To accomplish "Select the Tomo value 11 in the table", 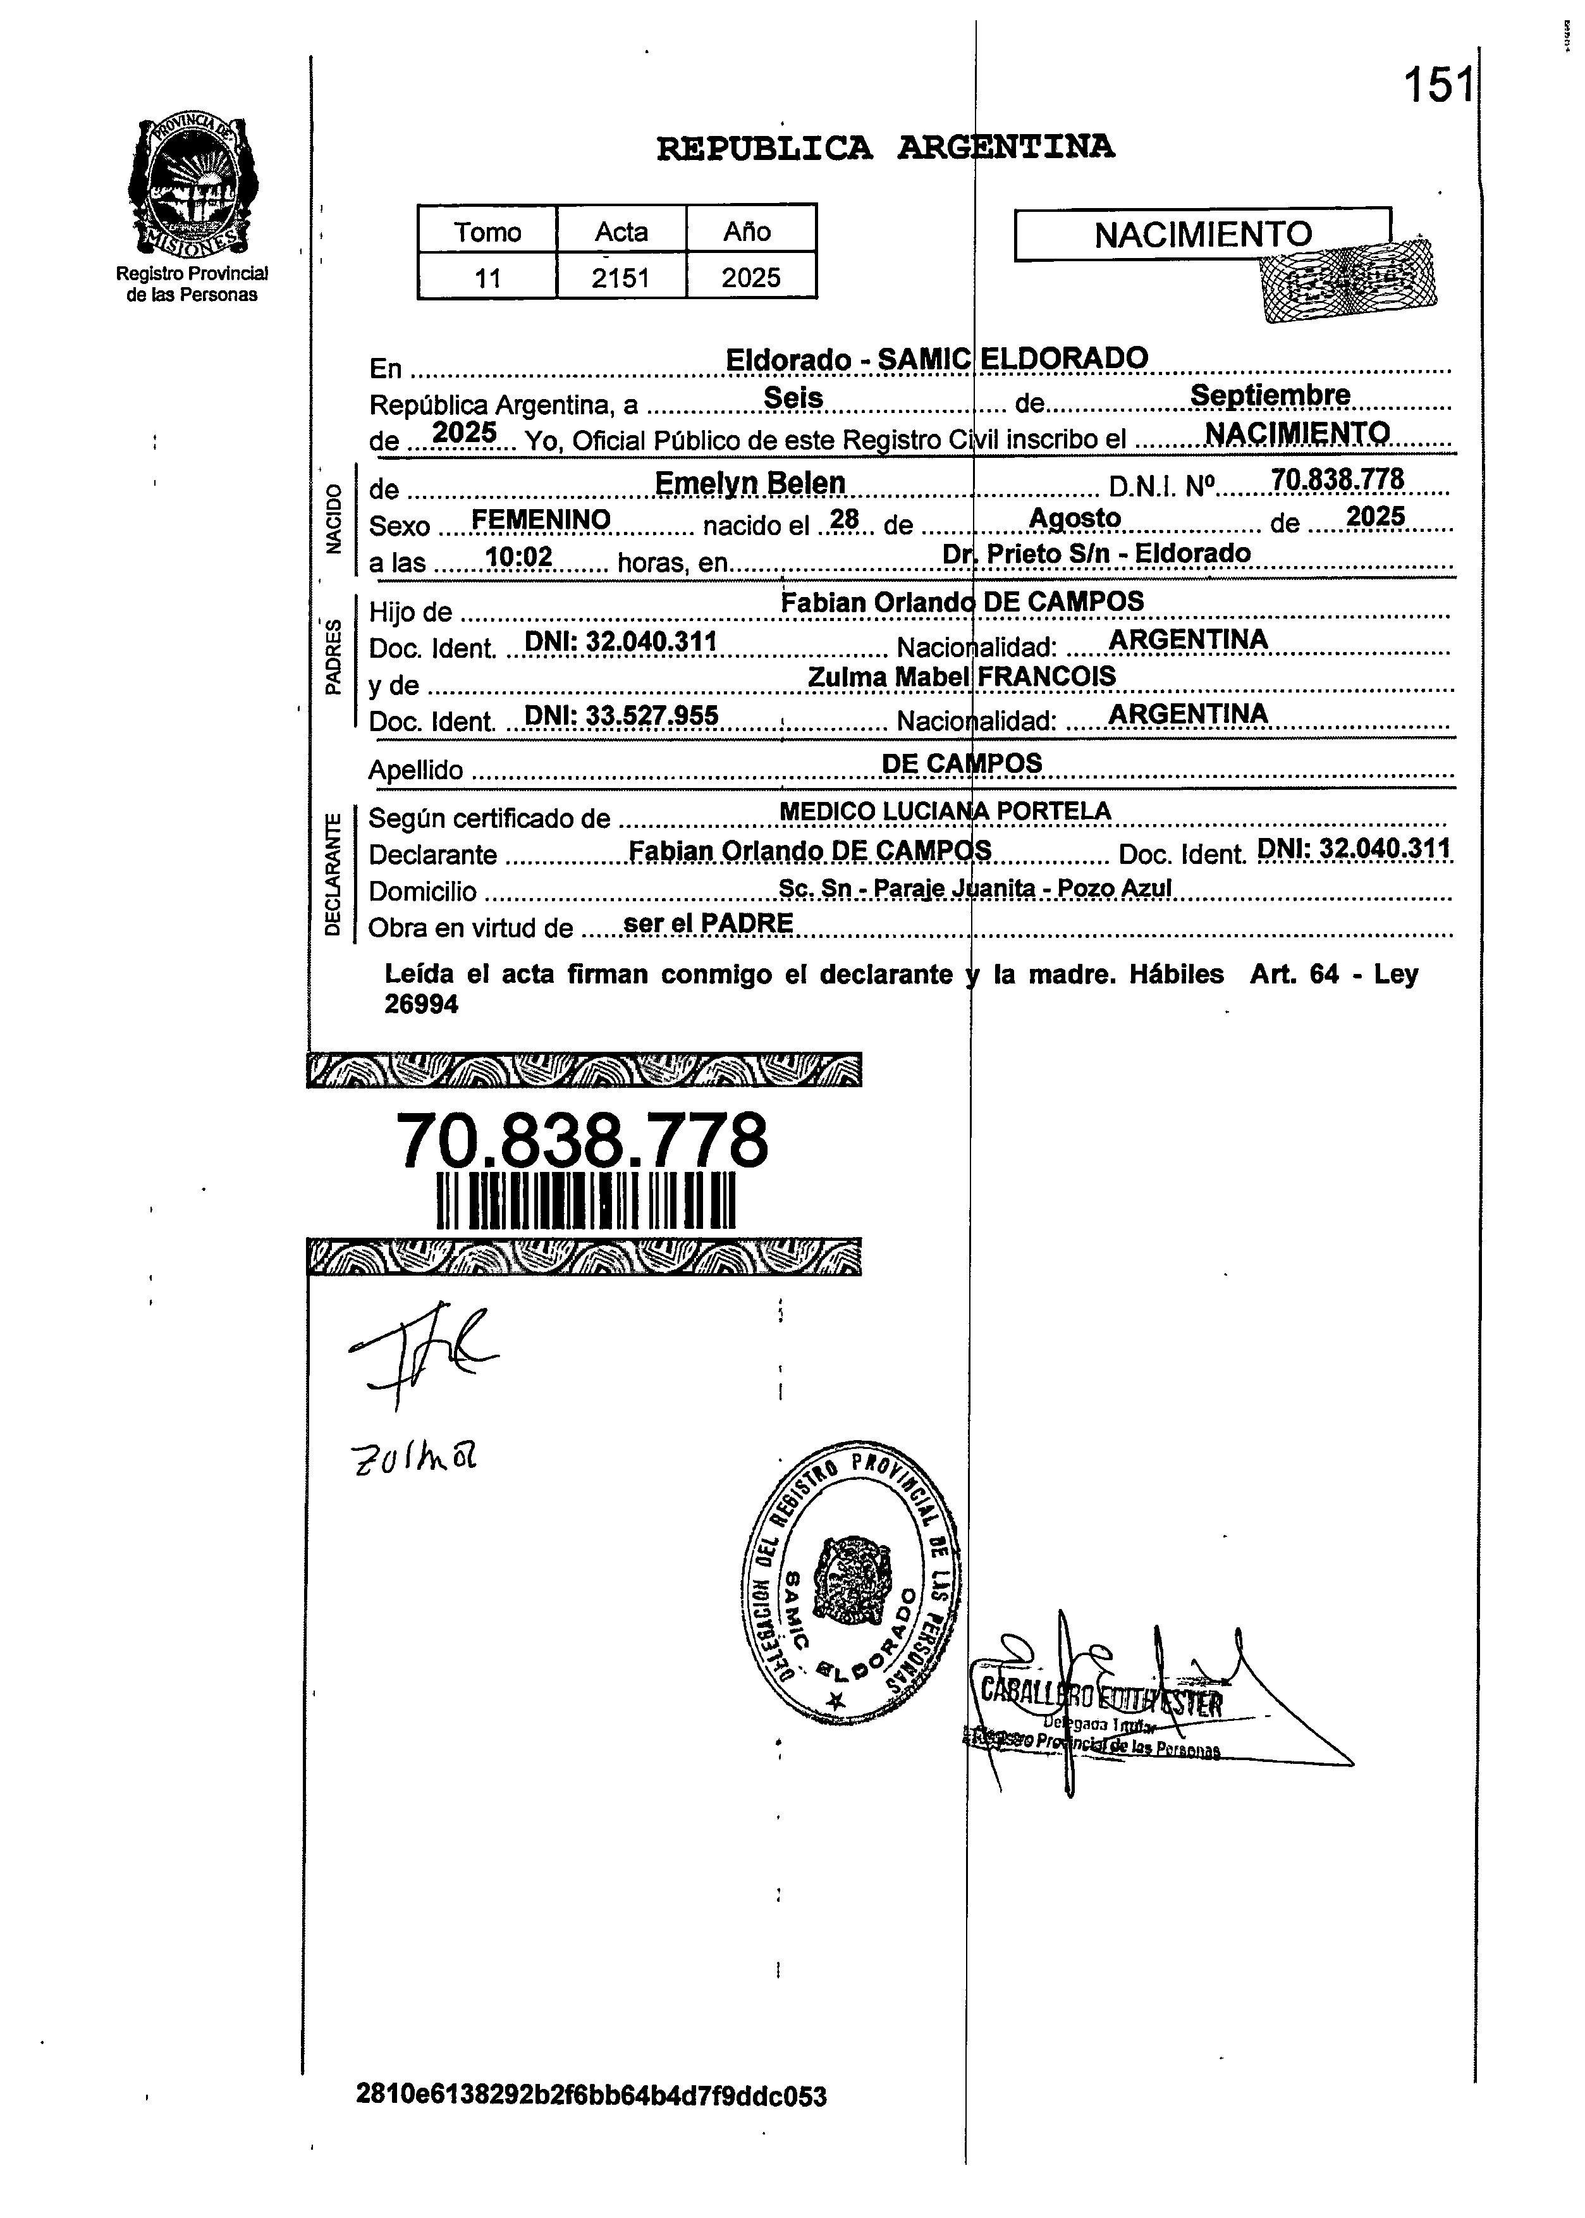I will (x=487, y=278).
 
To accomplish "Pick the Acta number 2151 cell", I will (x=621, y=278).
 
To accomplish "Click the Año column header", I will (x=747, y=232).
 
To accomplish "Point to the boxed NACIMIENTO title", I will (x=1203, y=234).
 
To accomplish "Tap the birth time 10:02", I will (x=519, y=557).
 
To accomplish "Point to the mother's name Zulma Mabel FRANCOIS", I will (x=962, y=677).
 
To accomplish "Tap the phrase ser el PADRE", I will (x=707, y=923).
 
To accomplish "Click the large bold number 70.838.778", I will (x=582, y=1140).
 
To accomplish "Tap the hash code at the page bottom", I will (x=591, y=2095).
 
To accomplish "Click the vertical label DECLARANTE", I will (x=333, y=873).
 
